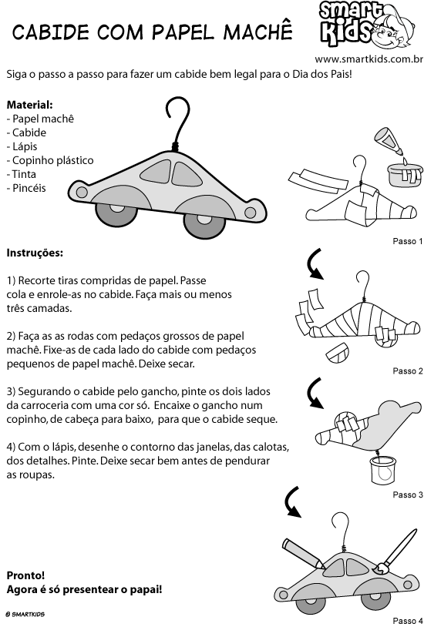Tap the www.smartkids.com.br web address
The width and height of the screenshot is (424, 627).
[368, 59]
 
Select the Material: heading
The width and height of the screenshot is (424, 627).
[29, 105]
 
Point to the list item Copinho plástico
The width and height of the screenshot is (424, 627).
[50, 160]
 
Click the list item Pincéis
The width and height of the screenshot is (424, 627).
[26, 188]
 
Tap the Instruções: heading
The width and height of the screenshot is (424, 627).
[35, 253]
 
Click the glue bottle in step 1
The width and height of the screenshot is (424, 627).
[389, 141]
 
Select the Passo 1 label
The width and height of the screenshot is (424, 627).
[408, 241]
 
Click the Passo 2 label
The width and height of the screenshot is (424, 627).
[408, 371]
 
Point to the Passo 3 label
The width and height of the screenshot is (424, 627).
[408, 495]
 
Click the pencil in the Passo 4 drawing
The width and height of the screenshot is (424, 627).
[303, 553]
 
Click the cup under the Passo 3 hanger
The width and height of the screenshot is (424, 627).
[383, 470]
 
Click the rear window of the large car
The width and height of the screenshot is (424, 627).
[156, 172]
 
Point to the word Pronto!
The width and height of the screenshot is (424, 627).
[25, 575]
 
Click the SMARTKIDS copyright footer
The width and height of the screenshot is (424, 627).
[25, 614]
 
